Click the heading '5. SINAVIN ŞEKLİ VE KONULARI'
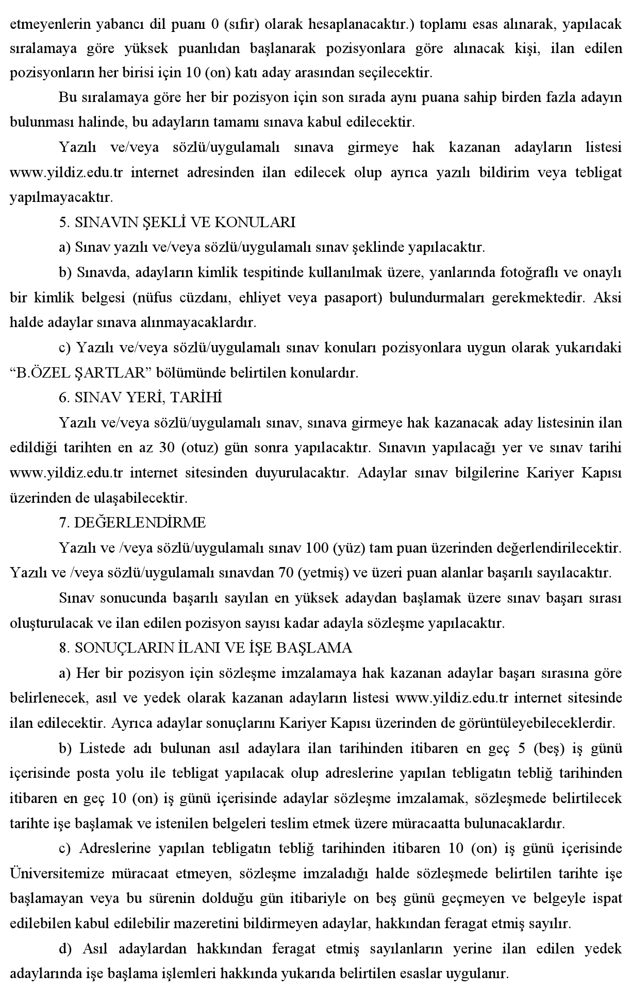pos(177,222)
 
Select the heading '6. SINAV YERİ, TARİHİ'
pos(141,397)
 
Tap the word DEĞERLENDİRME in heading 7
pos(140,523)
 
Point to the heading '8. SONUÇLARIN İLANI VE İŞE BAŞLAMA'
pos(206,647)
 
